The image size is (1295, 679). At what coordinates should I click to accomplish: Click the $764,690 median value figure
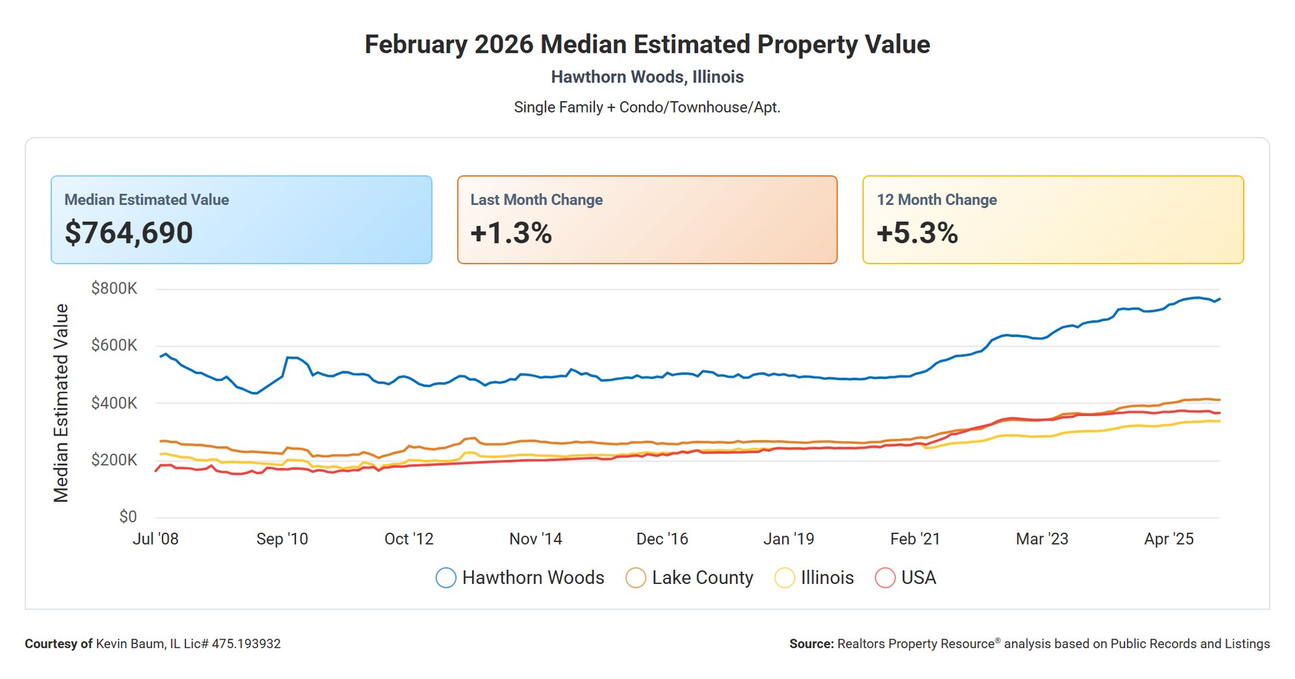coord(129,233)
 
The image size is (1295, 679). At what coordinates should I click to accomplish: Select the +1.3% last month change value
coord(511,233)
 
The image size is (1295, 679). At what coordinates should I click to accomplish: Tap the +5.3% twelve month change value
coord(917,233)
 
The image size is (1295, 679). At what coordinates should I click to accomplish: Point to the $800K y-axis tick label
coord(114,289)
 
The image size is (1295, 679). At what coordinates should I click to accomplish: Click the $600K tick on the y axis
coord(114,345)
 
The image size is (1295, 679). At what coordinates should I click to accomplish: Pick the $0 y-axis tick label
coord(127,517)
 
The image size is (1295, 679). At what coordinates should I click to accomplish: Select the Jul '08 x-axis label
coord(156,539)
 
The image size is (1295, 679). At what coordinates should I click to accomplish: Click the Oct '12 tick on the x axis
coord(409,539)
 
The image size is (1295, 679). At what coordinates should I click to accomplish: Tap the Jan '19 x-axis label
coord(788,539)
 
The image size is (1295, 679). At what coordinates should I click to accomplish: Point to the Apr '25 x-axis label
coord(1169,539)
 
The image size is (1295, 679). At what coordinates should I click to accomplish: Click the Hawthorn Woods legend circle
coord(446,579)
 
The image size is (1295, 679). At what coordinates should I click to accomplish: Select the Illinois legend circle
coord(784,579)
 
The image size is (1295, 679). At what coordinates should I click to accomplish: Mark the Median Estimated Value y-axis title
coord(61,403)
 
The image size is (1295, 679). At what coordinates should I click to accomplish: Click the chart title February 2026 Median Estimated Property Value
coord(647,45)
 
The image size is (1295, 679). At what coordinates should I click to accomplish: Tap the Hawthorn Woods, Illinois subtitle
coord(647,77)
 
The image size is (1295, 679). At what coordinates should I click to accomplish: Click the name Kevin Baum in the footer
coord(129,644)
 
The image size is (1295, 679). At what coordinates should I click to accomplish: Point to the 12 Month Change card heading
coord(936,200)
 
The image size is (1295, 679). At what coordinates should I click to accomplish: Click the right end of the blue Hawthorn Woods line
coord(1219,299)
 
